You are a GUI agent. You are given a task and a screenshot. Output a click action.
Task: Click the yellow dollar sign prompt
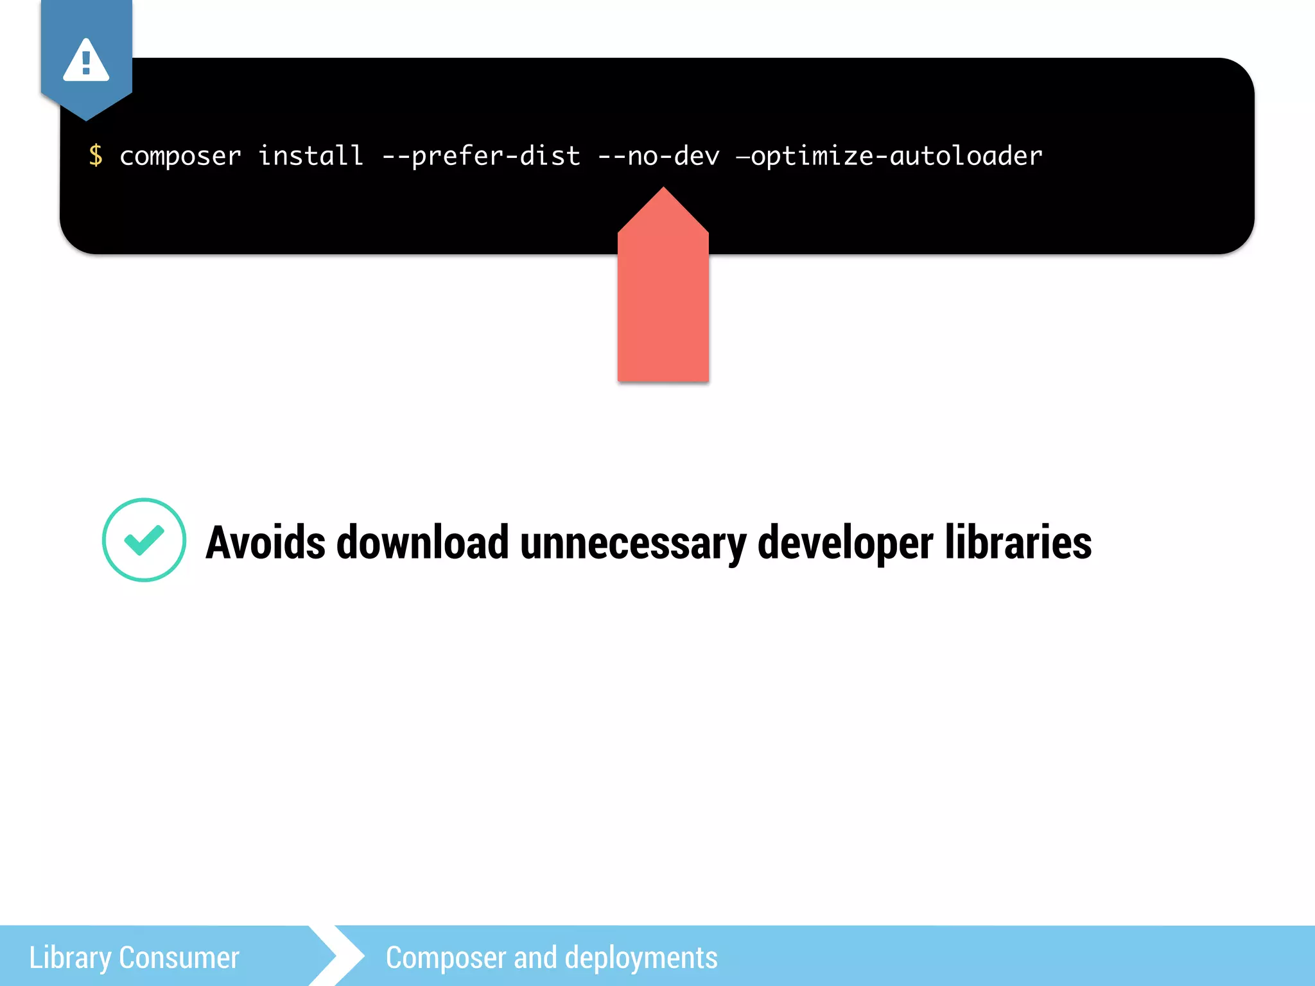click(x=96, y=155)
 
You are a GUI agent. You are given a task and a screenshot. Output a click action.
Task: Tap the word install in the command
click(x=311, y=155)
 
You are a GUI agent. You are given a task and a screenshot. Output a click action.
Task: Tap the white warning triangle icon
click(x=86, y=61)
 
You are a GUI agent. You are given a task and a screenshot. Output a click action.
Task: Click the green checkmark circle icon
click(x=144, y=540)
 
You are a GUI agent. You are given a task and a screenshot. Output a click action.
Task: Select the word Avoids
click(x=265, y=542)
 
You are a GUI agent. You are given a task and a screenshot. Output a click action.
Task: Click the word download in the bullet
click(x=422, y=542)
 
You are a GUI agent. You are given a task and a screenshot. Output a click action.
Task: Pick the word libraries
click(x=1018, y=542)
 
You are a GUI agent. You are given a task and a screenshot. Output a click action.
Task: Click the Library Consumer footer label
click(x=134, y=957)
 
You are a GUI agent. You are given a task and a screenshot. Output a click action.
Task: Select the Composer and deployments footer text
click(x=552, y=957)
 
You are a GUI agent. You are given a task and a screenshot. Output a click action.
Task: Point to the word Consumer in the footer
click(x=179, y=957)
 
